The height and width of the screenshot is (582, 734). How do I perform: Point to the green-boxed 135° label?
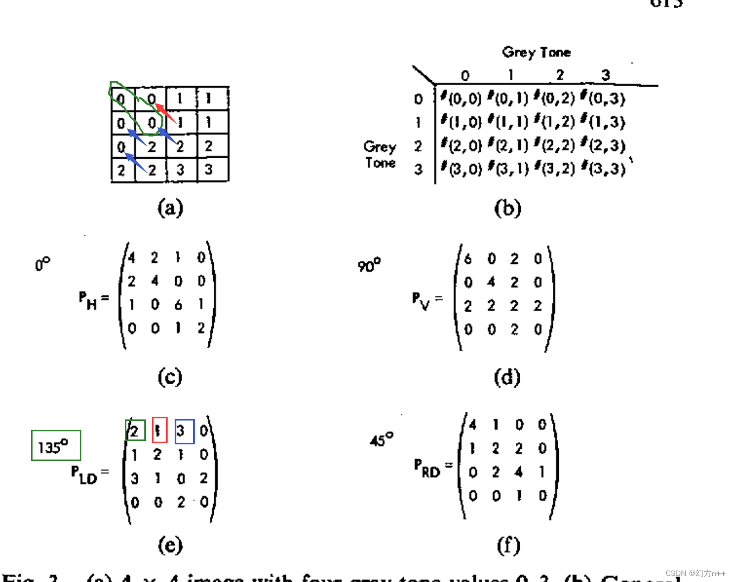pos(55,446)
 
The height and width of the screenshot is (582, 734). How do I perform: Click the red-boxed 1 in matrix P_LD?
pos(159,430)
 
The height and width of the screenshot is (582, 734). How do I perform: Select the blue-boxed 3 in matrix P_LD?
pos(184,431)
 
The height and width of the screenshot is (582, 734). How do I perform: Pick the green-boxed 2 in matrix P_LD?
pos(135,431)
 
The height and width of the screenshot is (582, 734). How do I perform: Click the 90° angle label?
pos(369,265)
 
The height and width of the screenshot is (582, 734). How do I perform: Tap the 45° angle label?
pos(381,440)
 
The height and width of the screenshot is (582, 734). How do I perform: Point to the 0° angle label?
pos(42,264)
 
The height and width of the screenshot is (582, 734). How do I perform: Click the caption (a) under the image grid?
pos(170,208)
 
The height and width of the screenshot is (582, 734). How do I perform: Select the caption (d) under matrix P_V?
pos(507,377)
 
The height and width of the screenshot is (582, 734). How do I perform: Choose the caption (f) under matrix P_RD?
pos(508,545)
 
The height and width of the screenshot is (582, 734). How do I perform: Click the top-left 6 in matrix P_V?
pos(468,259)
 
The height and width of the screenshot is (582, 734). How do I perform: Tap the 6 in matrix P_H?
pos(178,305)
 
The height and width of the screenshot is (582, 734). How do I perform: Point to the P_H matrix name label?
pos(88,300)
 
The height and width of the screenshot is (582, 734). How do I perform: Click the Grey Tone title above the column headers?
pos(536,52)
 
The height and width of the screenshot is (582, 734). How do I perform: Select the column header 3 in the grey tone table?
pos(605,75)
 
